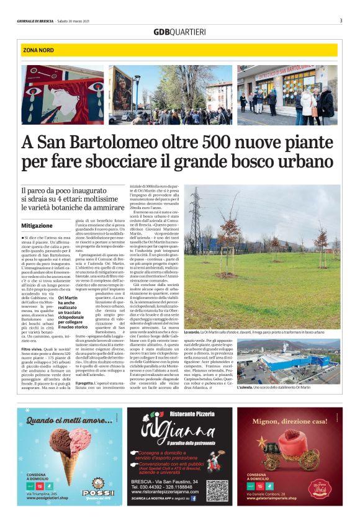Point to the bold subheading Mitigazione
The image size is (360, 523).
pos(37,226)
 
